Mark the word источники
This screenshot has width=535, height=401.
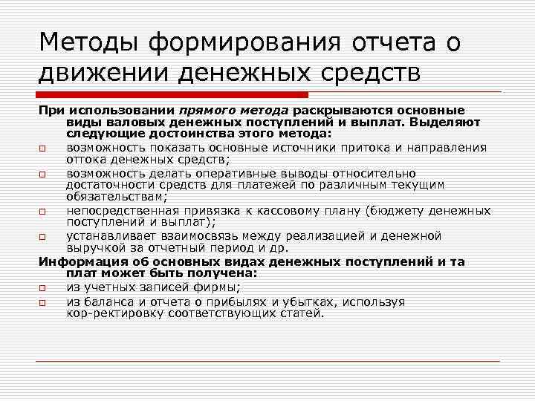322,146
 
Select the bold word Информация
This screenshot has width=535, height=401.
77,261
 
